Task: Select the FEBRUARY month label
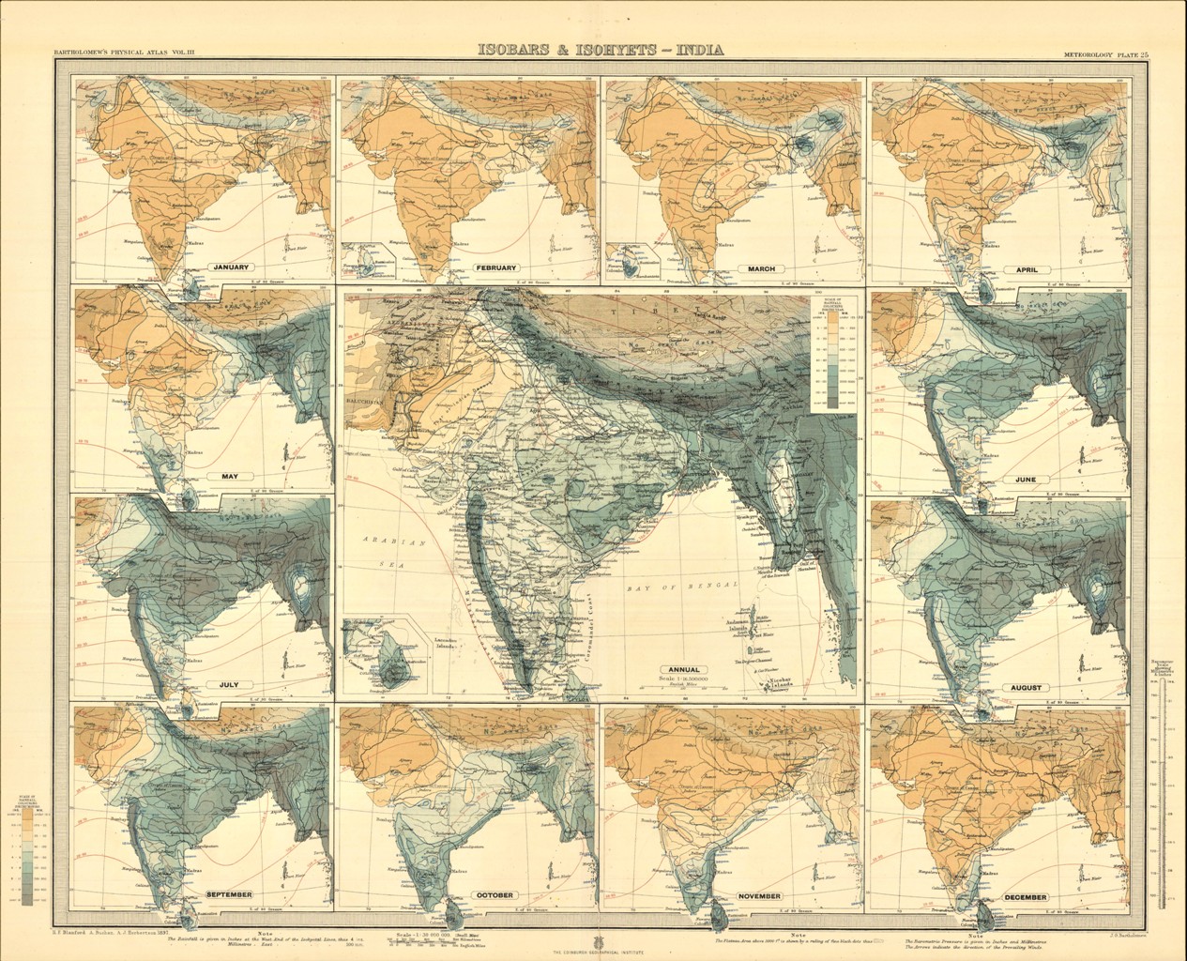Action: click(497, 267)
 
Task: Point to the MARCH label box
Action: click(760, 269)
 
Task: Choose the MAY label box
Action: click(229, 477)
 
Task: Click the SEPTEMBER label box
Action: click(228, 895)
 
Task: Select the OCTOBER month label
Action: click(493, 895)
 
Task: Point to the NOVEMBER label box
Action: click(759, 895)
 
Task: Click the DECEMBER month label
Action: click(1025, 897)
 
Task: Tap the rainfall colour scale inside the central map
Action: click(830, 353)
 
